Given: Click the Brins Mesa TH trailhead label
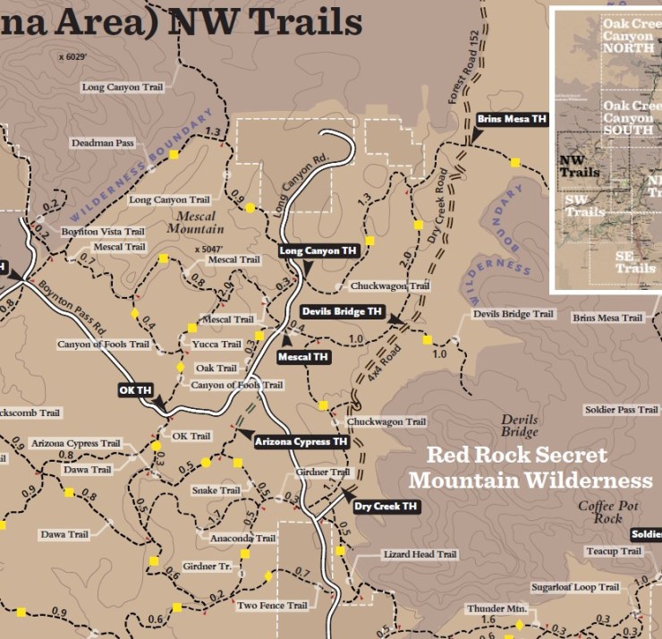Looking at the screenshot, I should [x=511, y=118].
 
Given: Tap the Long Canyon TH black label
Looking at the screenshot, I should [x=318, y=251].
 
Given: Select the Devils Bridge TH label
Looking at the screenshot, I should [x=342, y=311].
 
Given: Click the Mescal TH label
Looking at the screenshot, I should [x=303, y=357].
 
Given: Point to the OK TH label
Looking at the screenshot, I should [x=136, y=390].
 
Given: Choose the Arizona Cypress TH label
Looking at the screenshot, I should [x=301, y=441].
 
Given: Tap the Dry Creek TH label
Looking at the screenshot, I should [x=385, y=507].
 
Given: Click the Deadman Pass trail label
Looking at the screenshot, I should [x=102, y=142].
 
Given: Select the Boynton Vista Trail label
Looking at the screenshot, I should [x=103, y=232].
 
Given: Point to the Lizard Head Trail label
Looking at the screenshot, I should [x=420, y=555].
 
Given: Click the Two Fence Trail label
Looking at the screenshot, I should [x=272, y=606].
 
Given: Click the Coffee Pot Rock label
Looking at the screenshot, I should [x=607, y=512].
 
